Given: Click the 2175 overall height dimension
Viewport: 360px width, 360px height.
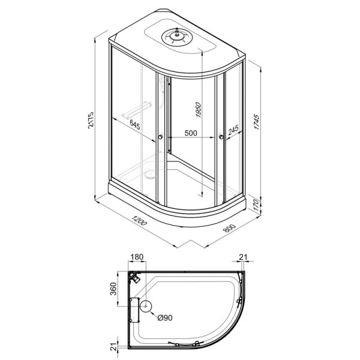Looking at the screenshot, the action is tap(91, 120).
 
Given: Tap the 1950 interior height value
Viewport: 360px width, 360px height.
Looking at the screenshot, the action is tap(198, 110).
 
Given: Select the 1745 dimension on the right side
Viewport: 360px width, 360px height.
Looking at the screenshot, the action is tap(256, 122).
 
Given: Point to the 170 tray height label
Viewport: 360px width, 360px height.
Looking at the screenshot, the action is tap(256, 206).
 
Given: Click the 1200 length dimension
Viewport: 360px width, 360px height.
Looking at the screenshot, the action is tap(138, 220).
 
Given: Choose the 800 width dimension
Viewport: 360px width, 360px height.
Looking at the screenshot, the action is tap(230, 228).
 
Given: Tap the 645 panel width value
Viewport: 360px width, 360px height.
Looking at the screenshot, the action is tap(135, 124).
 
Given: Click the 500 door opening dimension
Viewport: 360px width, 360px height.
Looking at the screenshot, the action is tap(191, 133).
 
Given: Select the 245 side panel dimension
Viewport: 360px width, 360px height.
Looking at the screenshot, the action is tap(233, 130).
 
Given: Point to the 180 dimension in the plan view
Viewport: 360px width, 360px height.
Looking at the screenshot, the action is tap(137, 257).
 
